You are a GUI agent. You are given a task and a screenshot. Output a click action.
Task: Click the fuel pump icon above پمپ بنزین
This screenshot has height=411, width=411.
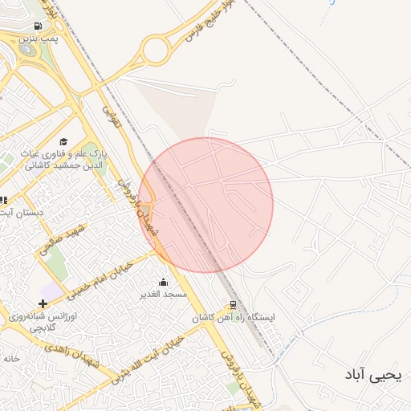point(38,26)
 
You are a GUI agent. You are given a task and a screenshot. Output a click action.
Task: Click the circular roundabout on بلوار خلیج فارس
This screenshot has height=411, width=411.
point(157,51)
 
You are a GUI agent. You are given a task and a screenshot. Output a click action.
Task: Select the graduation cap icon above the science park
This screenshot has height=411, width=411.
point(63,142)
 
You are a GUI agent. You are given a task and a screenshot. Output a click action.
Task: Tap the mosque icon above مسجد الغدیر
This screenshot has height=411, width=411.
point(164,282)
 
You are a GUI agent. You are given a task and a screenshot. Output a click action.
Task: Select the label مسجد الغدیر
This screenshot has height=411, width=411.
point(165,295)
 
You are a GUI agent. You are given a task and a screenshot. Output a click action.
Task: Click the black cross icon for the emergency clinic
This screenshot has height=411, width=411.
point(43,303)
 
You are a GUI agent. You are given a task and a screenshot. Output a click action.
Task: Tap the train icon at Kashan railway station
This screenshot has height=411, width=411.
point(234,305)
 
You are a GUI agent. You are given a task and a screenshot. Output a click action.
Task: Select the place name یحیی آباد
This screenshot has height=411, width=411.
point(371,374)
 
